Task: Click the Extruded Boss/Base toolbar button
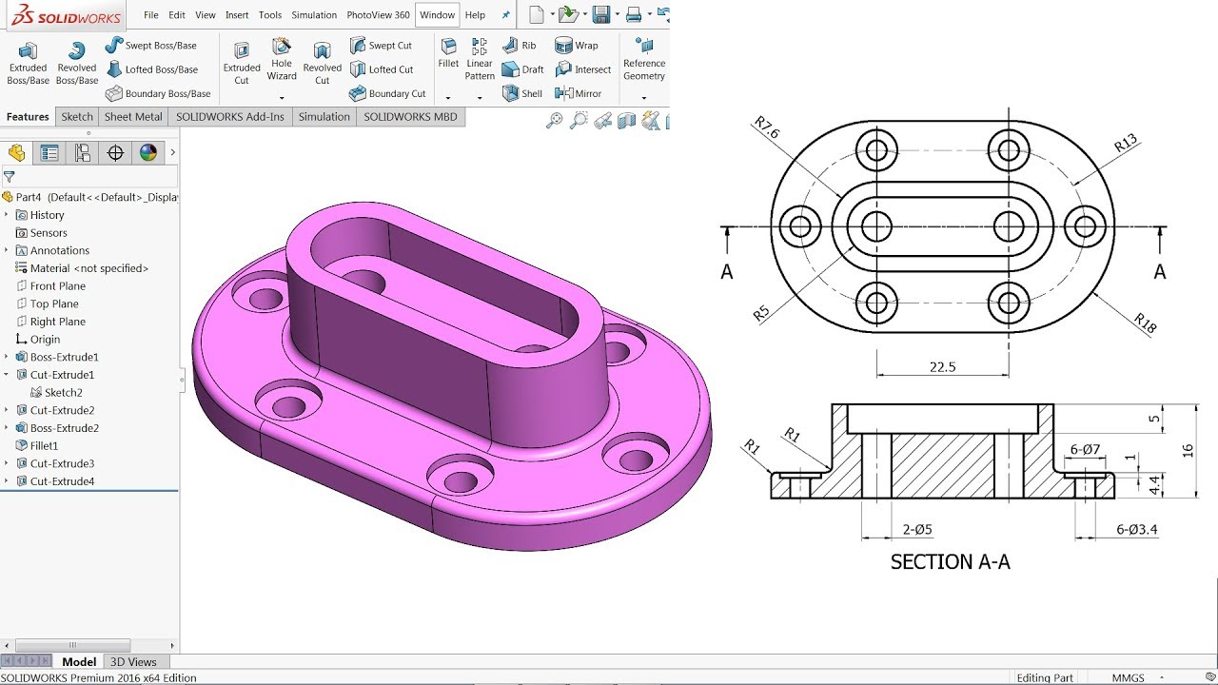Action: pos(28,63)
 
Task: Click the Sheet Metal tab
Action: pos(133,117)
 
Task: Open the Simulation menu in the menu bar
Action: pos(314,15)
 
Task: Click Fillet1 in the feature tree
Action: pos(44,445)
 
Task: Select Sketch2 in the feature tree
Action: pos(63,392)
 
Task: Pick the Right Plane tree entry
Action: pos(57,322)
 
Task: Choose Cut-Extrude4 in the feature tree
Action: pos(62,481)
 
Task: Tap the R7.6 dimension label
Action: pos(767,128)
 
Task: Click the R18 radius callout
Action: pos(1145,323)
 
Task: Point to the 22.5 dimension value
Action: pos(941,367)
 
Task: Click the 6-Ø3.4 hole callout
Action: pos(1137,530)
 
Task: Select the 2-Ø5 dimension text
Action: pos(916,530)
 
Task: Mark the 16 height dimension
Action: pos(1188,450)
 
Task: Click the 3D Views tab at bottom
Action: pos(133,661)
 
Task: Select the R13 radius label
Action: pos(1126,144)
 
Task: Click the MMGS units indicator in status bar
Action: pos(1129,678)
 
